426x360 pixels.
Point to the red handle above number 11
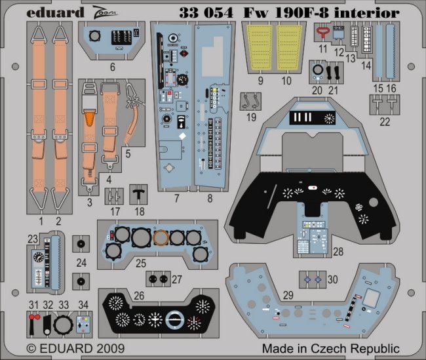coord(322,30)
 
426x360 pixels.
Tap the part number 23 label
coord(33,240)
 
